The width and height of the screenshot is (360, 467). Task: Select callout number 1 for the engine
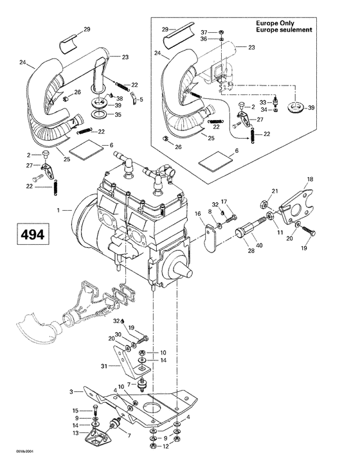(x=60, y=210)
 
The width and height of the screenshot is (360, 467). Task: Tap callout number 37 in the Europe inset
(x=221, y=31)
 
